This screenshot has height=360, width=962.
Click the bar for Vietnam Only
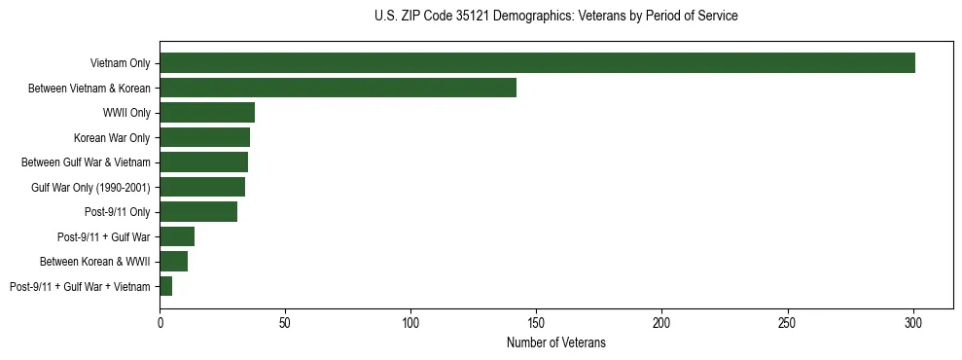point(537,63)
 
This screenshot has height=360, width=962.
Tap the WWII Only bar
point(207,113)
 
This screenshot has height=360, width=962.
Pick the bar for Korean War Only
point(204,137)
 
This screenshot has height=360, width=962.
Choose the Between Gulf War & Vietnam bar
point(203,162)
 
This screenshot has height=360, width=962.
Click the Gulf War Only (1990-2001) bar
point(202,187)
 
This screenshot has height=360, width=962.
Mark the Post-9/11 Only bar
point(198,212)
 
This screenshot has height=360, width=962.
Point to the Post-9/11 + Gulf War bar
point(177,236)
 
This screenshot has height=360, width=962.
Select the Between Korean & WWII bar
point(173,262)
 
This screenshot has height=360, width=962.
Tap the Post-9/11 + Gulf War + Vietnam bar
point(165,286)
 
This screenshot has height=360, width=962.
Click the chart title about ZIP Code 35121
point(555,17)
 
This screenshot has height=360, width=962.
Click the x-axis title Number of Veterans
point(555,342)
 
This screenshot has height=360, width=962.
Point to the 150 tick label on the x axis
point(536,321)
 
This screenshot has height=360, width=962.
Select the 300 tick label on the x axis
point(913,321)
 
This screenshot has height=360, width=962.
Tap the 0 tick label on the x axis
point(160,321)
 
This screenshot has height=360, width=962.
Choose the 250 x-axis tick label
point(788,321)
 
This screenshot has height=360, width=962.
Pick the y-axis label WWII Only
point(126,113)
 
